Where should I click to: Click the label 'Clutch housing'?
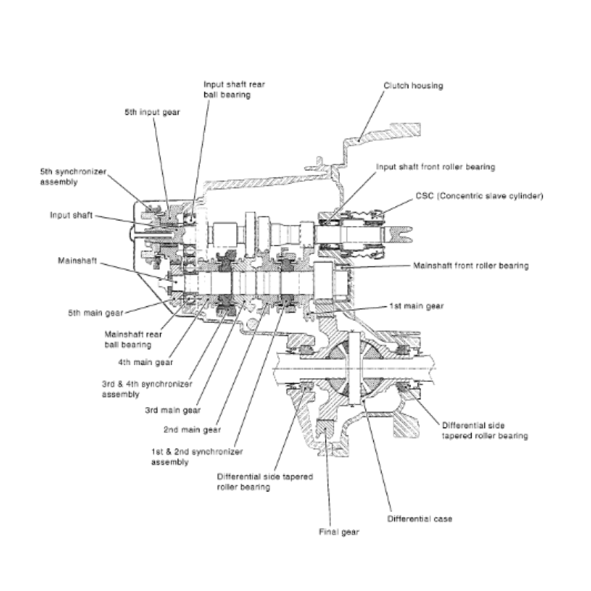413,86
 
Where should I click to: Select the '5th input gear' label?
152,112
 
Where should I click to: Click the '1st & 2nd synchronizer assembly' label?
197,456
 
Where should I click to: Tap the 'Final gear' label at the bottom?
338,532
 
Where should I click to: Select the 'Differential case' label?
419,519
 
